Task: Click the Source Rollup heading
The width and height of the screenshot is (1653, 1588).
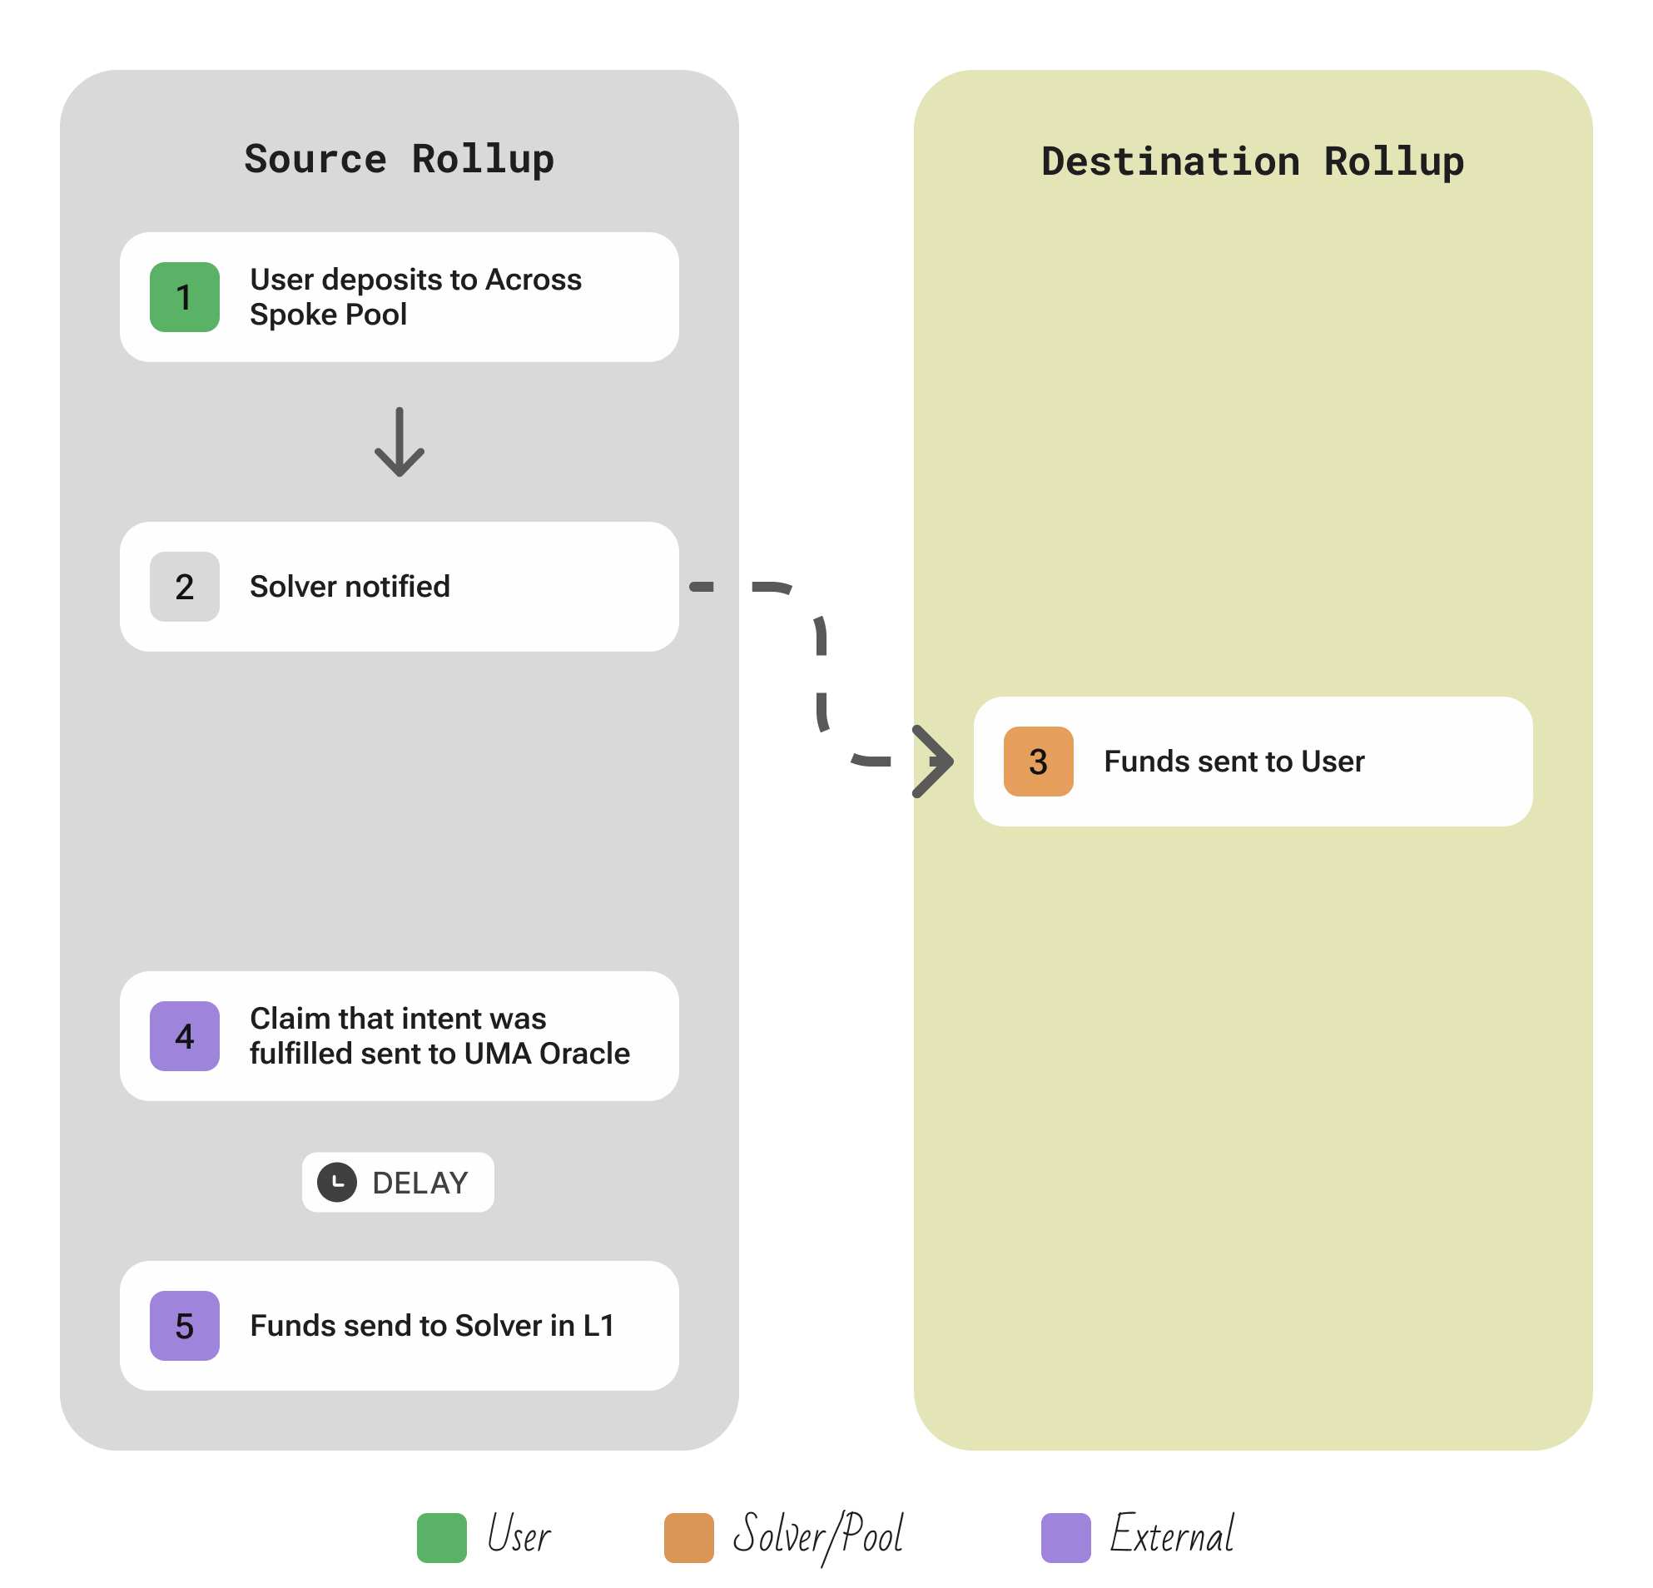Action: [399, 160]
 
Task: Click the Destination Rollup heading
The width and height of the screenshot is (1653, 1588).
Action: [1252, 162]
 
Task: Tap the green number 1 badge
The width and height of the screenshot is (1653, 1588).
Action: [185, 297]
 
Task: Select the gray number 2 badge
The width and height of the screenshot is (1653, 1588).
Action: [185, 586]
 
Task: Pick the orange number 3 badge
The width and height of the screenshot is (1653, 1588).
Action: [1037, 761]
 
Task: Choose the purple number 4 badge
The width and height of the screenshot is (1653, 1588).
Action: [185, 1035]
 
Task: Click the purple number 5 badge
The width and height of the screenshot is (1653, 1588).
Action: [185, 1325]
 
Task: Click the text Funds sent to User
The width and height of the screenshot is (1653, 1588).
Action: [1233, 761]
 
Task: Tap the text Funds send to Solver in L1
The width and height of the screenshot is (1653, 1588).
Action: [432, 1325]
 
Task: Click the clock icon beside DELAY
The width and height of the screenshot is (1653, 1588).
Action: [336, 1182]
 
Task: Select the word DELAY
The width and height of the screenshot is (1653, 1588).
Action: [420, 1183]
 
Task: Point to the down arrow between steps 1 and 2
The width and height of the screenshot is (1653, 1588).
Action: [399, 442]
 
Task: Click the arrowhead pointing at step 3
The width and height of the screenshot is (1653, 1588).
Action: [935, 761]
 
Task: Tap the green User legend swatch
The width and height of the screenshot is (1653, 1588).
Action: [441, 1537]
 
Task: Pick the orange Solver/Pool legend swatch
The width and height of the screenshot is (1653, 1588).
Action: [688, 1537]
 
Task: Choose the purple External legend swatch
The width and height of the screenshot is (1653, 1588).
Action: [1065, 1537]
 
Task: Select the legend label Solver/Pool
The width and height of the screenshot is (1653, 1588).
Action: [817, 1535]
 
